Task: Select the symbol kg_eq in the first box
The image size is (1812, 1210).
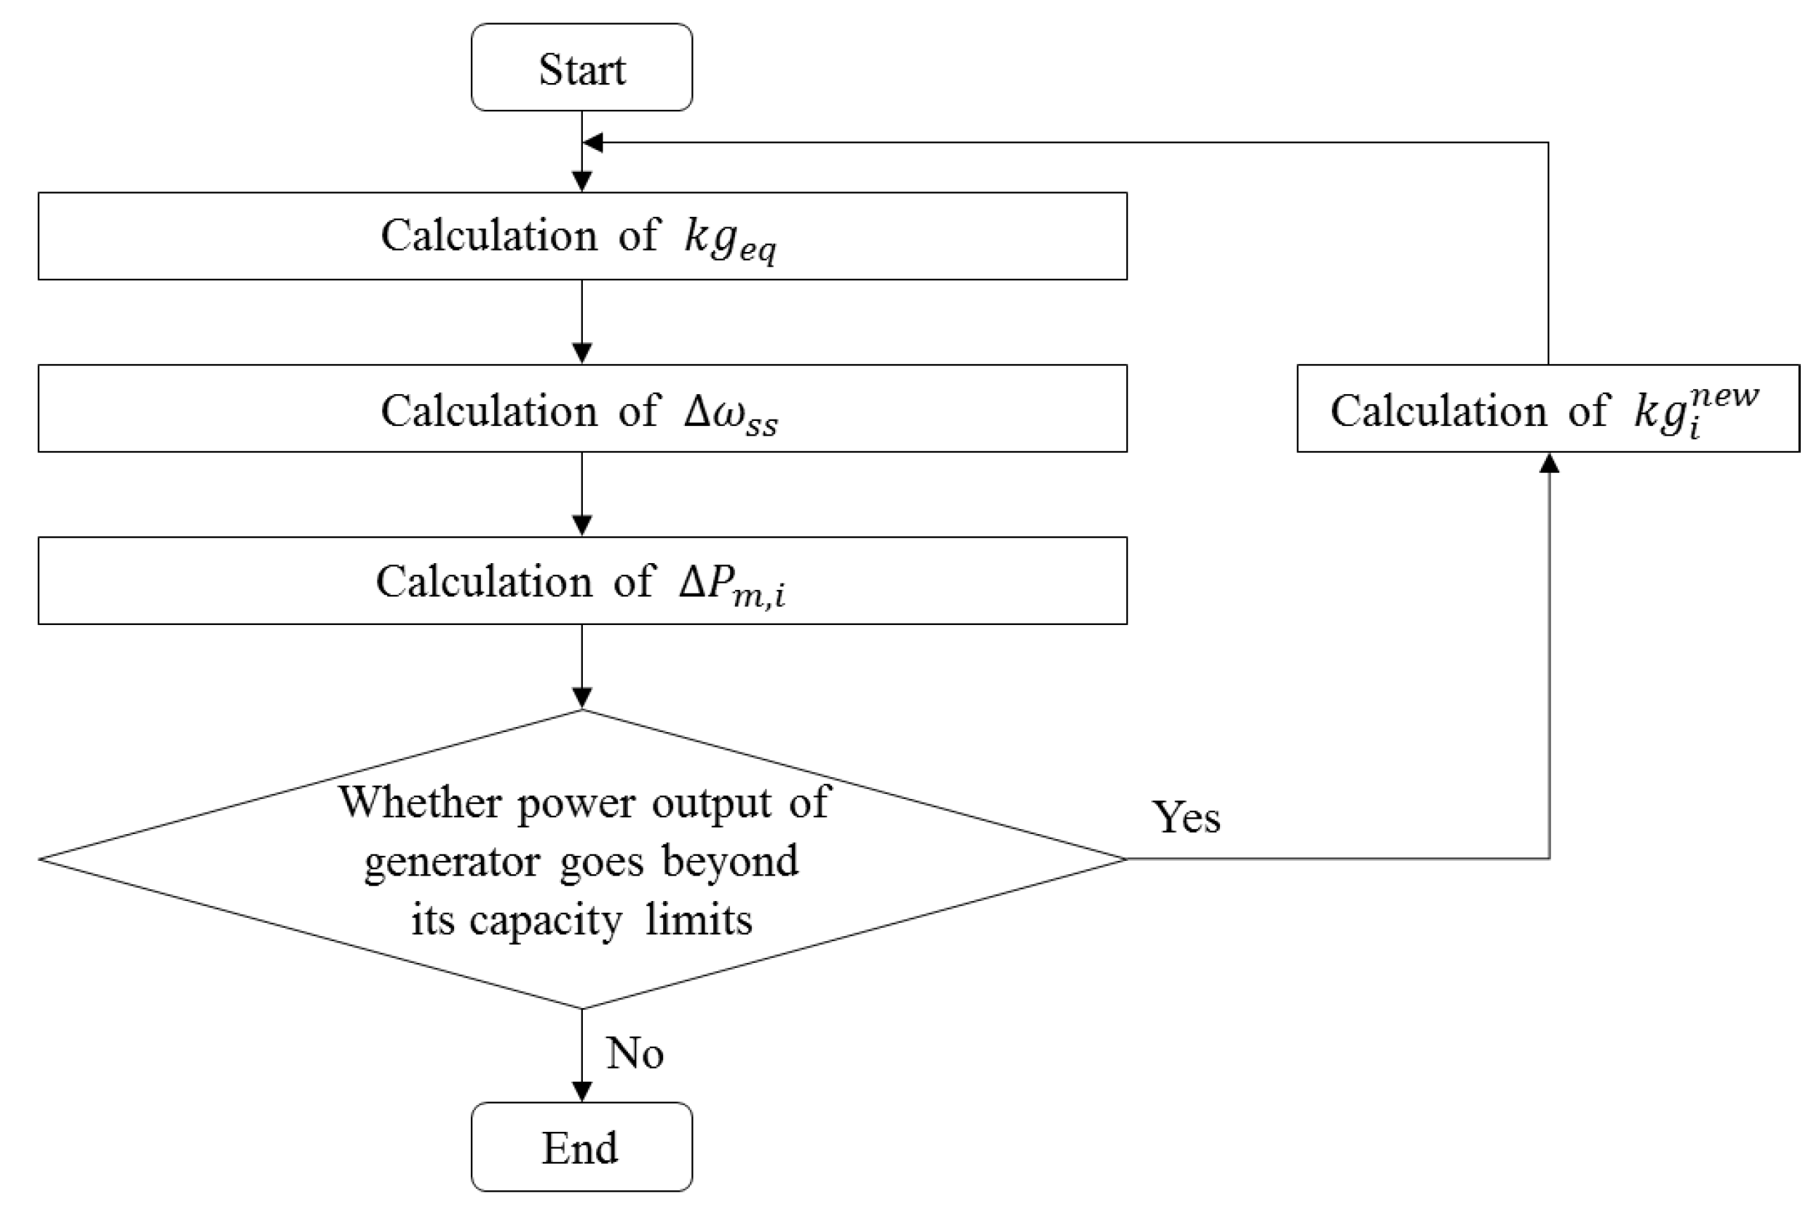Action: coord(730,239)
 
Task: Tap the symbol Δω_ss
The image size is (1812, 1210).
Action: coord(730,413)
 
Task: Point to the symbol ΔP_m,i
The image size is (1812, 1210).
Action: coord(731,584)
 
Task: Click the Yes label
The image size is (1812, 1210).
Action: coord(1185,817)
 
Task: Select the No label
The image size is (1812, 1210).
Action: coord(634,1053)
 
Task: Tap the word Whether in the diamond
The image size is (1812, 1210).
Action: coord(420,802)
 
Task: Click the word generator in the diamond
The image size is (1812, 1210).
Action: coord(451,862)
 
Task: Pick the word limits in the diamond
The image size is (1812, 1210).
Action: coord(698,920)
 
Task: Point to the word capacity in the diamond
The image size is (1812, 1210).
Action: coord(545,921)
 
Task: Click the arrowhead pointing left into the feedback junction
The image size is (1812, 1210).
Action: coord(593,142)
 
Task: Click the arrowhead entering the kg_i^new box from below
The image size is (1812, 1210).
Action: coord(1549,463)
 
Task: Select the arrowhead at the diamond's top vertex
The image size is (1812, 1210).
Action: coord(582,698)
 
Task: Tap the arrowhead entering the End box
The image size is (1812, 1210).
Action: coord(582,1091)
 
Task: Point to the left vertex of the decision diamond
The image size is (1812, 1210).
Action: coord(41,859)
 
